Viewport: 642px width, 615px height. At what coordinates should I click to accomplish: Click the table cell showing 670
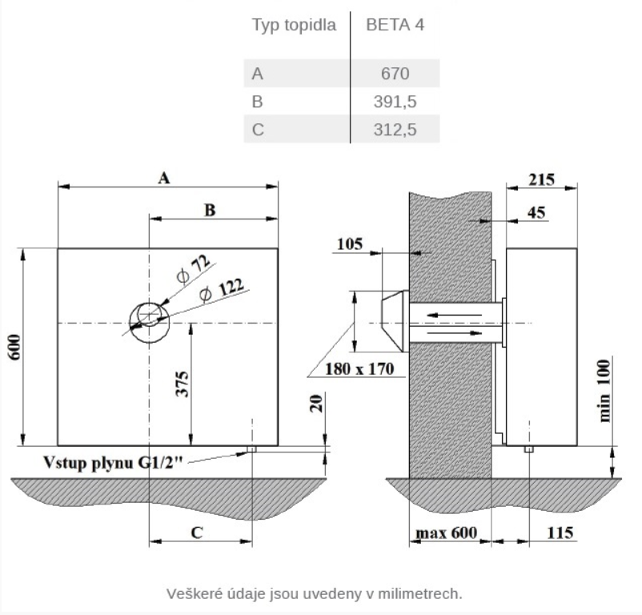click(x=395, y=74)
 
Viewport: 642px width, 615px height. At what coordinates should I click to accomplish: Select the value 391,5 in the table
click(x=395, y=102)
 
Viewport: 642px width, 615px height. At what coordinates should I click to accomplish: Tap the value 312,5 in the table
click(x=395, y=130)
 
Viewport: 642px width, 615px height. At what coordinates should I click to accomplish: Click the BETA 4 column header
click(x=395, y=25)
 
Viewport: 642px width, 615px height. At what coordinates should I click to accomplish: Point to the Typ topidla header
click(x=294, y=25)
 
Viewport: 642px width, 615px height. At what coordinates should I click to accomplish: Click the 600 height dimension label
click(x=14, y=348)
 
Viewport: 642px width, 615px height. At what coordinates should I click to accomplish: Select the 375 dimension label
click(x=182, y=384)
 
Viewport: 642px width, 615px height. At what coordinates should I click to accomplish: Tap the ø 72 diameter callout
click(x=194, y=269)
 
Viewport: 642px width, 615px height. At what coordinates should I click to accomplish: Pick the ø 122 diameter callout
click(x=222, y=289)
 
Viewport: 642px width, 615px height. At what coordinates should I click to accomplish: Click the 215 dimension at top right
click(x=541, y=179)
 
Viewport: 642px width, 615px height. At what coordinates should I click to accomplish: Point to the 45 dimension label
click(x=536, y=212)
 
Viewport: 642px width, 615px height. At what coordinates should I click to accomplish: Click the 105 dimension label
click(x=350, y=244)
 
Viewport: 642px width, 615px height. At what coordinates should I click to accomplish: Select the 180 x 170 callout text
click(x=359, y=368)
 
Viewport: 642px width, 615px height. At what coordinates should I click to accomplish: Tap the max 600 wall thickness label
click(x=447, y=533)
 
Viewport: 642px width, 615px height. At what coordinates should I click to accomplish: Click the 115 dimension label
click(x=560, y=533)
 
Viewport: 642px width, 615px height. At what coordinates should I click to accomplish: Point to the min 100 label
click(x=604, y=391)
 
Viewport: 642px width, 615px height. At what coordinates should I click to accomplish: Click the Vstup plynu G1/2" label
click(x=113, y=463)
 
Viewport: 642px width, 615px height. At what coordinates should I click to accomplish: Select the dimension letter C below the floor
click(x=197, y=533)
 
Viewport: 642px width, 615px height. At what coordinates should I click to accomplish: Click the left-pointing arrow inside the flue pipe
click(x=454, y=316)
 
